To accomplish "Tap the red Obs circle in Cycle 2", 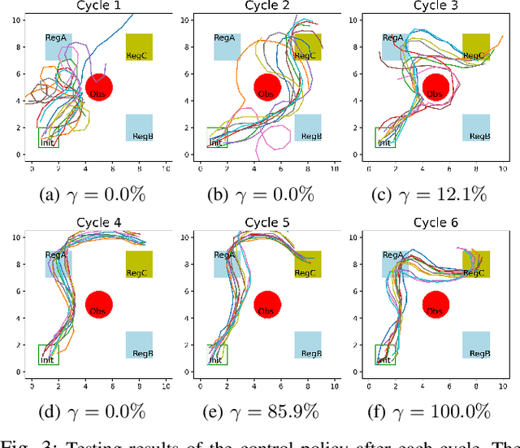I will (267, 87).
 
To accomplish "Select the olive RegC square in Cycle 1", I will (139, 47).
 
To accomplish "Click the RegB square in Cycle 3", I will (476, 128).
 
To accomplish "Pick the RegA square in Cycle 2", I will (227, 46).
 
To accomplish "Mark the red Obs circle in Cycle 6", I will (437, 304).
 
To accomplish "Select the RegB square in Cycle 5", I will (307, 345).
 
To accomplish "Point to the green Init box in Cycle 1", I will (48, 137).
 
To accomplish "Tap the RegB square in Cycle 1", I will (139, 128).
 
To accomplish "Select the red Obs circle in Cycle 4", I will (99, 304).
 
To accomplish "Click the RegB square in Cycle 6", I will (476, 345).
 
